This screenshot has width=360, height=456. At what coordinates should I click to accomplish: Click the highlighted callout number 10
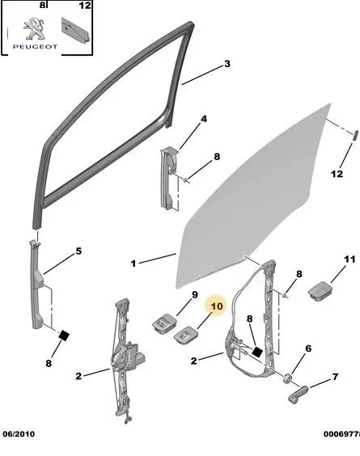(x=217, y=306)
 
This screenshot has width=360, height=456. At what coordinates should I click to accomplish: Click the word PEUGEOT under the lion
(x=36, y=47)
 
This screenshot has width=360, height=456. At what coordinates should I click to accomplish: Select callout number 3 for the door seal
(x=227, y=64)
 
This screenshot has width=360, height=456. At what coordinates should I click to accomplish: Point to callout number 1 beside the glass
(x=133, y=264)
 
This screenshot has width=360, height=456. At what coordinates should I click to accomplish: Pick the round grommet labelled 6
(x=288, y=378)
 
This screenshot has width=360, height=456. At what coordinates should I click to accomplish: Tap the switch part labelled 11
(x=320, y=290)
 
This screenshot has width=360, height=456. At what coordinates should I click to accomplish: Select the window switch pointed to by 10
(x=185, y=336)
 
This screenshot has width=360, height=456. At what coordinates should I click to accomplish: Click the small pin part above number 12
(x=355, y=136)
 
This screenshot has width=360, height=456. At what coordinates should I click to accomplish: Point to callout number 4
(x=204, y=119)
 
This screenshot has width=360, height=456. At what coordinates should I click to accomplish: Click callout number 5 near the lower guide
(x=78, y=251)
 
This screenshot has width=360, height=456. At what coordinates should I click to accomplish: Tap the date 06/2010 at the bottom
(x=19, y=434)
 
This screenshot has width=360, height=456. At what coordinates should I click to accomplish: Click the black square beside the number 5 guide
(x=64, y=336)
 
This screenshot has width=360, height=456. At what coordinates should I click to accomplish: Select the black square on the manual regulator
(x=257, y=352)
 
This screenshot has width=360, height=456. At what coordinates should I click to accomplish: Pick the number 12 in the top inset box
(x=85, y=5)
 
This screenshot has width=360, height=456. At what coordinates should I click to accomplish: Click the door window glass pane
(x=252, y=198)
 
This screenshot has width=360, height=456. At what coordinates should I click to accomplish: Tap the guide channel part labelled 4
(x=170, y=178)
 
